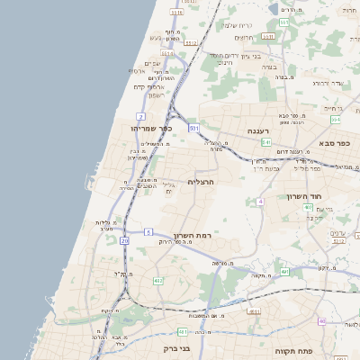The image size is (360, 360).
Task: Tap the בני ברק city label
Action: click(180, 347)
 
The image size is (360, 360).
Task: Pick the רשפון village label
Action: click(154, 94)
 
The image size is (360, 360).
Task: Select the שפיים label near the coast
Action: click(151, 63)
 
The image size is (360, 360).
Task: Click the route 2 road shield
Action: click(140, 117)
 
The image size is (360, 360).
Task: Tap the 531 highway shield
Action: click(193, 128)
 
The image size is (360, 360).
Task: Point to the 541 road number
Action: click(267, 142)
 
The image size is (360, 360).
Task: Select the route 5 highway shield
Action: click(148, 231)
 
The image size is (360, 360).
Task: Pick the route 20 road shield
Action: click(123, 241)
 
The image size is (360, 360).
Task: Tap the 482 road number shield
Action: click(158, 281)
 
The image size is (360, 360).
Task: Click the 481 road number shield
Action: click(253, 310)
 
